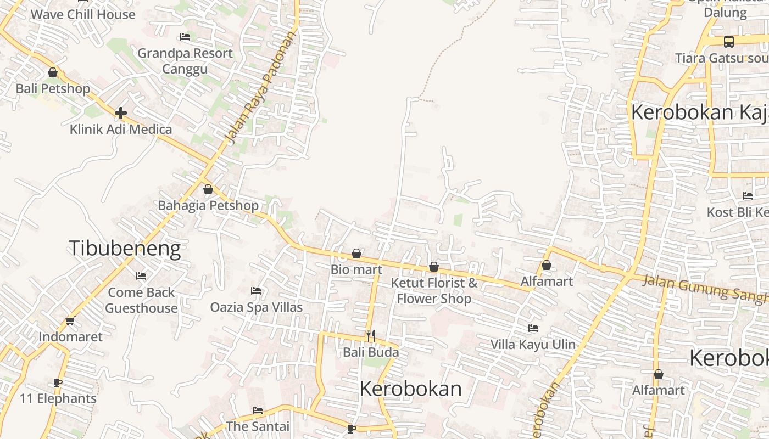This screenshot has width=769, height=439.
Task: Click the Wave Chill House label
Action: click(x=83, y=14)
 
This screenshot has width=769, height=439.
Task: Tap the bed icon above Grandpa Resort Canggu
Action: click(x=185, y=37)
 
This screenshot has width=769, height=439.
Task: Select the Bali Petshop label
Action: click(x=53, y=88)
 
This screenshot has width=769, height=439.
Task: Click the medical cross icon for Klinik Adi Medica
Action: click(x=121, y=113)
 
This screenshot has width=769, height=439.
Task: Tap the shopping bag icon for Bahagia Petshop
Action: click(x=208, y=190)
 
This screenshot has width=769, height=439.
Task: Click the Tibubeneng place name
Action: click(x=125, y=249)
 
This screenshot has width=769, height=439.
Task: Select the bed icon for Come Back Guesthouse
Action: click(x=141, y=275)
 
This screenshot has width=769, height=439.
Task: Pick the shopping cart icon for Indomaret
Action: click(x=70, y=320)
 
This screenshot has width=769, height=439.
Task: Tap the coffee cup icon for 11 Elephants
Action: click(x=58, y=382)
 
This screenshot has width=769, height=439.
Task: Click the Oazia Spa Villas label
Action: click(x=257, y=307)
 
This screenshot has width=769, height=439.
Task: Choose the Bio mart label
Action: click(x=356, y=269)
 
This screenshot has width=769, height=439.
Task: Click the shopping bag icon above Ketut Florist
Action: click(x=434, y=267)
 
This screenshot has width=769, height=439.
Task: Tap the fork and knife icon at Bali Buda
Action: click(x=371, y=335)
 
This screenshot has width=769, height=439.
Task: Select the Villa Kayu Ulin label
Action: click(x=533, y=345)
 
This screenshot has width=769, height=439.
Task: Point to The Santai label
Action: click(x=258, y=426)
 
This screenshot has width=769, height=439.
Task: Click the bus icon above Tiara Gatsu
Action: click(x=728, y=41)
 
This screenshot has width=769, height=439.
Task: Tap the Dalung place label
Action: click(x=725, y=13)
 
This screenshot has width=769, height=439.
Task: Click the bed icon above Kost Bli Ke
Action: click(x=747, y=195)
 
